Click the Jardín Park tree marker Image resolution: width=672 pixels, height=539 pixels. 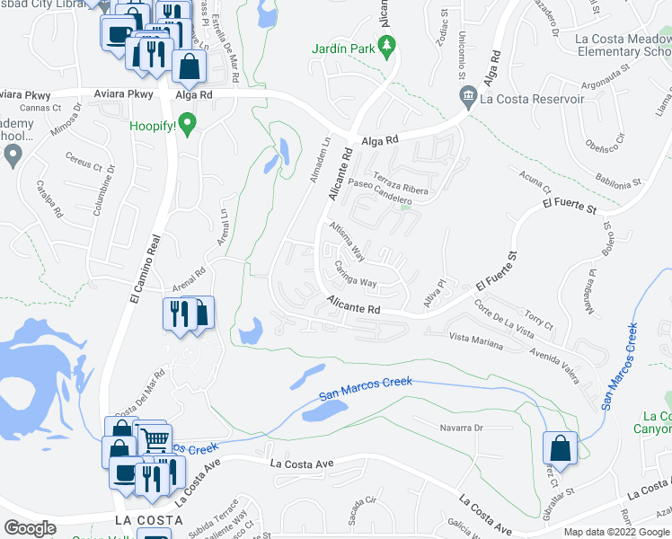click(388, 46)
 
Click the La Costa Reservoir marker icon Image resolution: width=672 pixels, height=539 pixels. click(467, 96)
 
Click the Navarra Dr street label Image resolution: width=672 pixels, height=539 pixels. click(461, 428)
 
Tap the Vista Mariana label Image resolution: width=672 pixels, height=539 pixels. click(475, 340)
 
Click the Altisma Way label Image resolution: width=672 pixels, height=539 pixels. click(347, 240)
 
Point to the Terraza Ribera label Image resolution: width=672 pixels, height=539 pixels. click(402, 183)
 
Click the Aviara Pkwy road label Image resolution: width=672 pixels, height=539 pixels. click(120, 93)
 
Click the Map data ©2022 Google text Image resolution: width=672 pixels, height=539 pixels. click(617, 532)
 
